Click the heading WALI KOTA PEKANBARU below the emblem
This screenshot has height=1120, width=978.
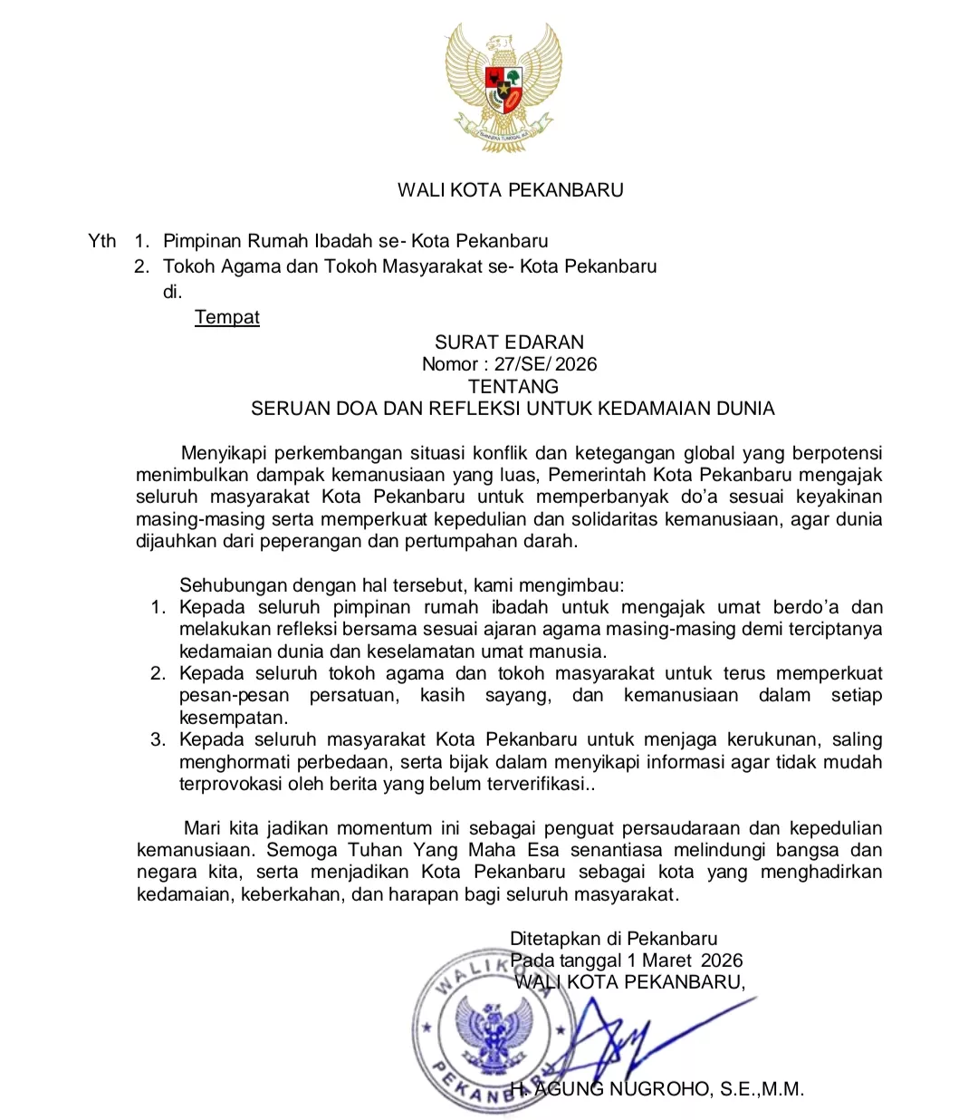pos(511,190)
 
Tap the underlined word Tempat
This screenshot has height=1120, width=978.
pos(226,317)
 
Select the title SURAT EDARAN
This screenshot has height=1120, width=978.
pos(509,343)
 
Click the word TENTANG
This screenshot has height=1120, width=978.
pos(513,386)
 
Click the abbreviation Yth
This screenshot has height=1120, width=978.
pos(102,241)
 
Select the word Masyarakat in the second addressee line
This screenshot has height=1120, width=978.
pos(438,266)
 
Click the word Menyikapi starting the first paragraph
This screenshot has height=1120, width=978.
pos(225,453)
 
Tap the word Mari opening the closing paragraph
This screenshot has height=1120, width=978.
pos(202,828)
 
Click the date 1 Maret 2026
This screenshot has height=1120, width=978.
pos(685,961)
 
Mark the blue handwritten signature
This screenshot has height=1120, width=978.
pos(625,1042)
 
